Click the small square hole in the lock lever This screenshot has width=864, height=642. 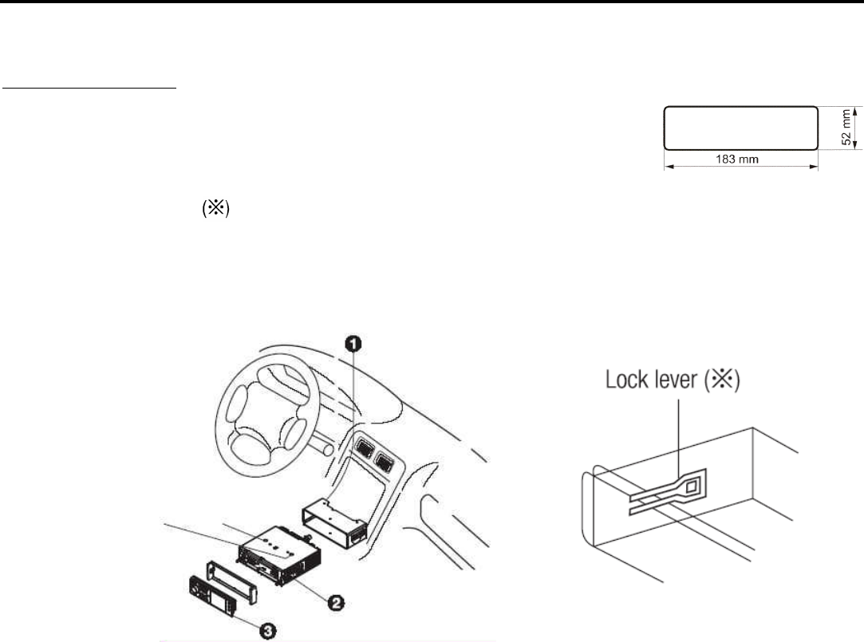coord(690,486)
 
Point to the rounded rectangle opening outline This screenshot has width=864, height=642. coord(740,128)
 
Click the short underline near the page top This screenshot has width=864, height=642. coord(89,89)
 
